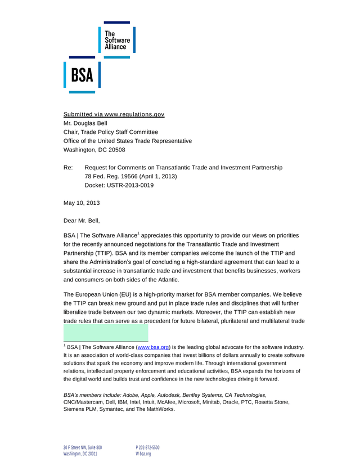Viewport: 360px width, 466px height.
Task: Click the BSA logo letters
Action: [x=82, y=75]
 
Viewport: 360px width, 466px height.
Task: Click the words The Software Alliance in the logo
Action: [x=117, y=40]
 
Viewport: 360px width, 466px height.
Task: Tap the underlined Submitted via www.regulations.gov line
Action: [x=114, y=114]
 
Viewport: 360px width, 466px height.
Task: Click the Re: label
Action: [x=69, y=167]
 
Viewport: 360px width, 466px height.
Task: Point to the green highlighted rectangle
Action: [x=106, y=332]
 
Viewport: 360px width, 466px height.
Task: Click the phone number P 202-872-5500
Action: [x=148, y=447]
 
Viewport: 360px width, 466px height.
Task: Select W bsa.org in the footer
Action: [x=143, y=454]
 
